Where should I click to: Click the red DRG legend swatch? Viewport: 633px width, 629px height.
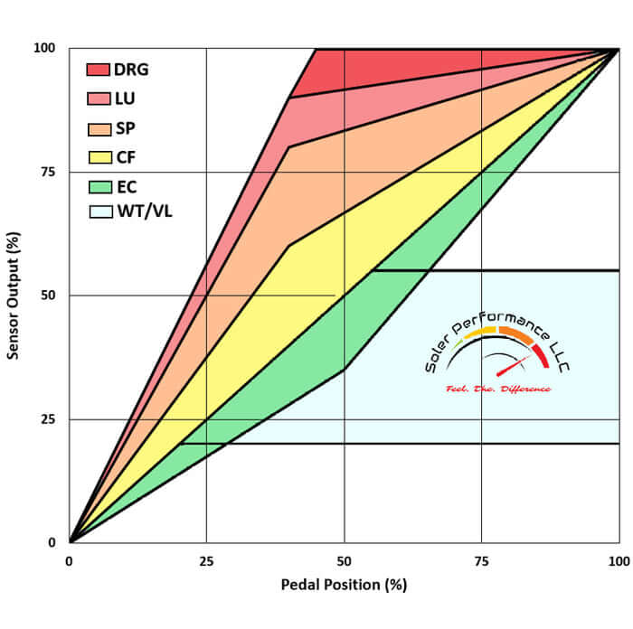(98, 70)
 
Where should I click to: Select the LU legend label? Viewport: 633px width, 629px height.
(125, 99)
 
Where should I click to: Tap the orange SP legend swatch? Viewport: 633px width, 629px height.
(98, 127)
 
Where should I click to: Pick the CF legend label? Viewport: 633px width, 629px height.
(125, 156)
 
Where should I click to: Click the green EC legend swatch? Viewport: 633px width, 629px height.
(98, 185)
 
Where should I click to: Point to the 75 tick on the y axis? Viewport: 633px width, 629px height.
(51, 172)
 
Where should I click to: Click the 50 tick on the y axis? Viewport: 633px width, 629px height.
(51, 296)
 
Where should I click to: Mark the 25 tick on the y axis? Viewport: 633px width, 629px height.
(51, 419)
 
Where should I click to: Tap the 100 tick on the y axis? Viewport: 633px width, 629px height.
(47, 48)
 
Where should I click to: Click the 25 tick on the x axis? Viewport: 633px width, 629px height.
(206, 560)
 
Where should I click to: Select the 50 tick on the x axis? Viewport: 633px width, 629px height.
(344, 560)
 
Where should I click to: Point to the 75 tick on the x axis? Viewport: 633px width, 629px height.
(481, 560)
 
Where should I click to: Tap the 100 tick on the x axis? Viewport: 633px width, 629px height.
(618, 560)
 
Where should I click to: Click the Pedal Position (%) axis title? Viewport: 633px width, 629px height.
(344, 585)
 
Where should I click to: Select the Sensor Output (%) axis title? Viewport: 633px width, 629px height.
(14, 296)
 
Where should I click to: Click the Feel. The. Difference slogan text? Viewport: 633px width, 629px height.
(498, 389)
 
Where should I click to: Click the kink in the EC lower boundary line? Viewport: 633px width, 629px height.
(344, 370)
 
